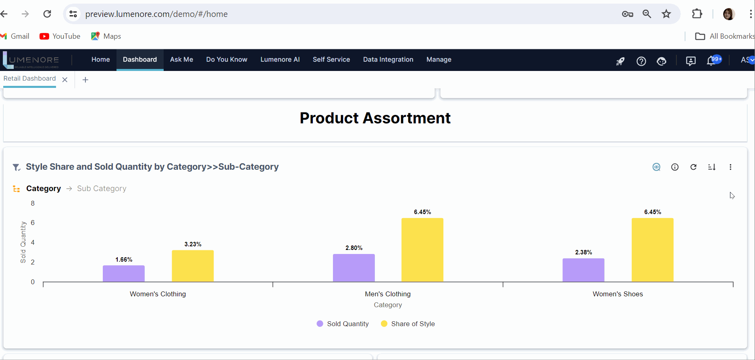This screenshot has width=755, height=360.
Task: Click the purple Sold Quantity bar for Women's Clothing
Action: [123, 273]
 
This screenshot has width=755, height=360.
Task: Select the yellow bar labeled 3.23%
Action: [193, 266]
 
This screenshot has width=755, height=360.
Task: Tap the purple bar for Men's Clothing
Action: [354, 268]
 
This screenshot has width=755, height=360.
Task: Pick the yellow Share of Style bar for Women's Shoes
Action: [652, 250]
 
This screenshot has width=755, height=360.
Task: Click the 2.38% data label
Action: [583, 252]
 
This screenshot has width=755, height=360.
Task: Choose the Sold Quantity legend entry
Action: [343, 324]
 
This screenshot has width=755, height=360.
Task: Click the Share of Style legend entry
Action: [408, 324]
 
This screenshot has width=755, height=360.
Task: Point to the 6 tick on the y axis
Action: [33, 223]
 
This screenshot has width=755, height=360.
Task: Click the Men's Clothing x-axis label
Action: [387, 294]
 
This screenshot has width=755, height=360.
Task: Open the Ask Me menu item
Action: [181, 60]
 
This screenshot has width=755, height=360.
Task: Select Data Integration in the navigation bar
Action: [388, 60]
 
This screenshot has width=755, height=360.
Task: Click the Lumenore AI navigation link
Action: [280, 60]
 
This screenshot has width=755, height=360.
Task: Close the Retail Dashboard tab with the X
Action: [65, 80]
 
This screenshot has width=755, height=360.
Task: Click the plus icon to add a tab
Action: [85, 80]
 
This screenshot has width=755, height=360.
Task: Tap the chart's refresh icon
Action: [693, 167]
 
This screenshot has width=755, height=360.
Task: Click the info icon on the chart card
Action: [675, 167]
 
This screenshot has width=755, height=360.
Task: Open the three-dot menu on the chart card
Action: [730, 167]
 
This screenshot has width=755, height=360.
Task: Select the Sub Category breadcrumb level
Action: [102, 189]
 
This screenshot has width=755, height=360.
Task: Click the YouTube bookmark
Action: [60, 36]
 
